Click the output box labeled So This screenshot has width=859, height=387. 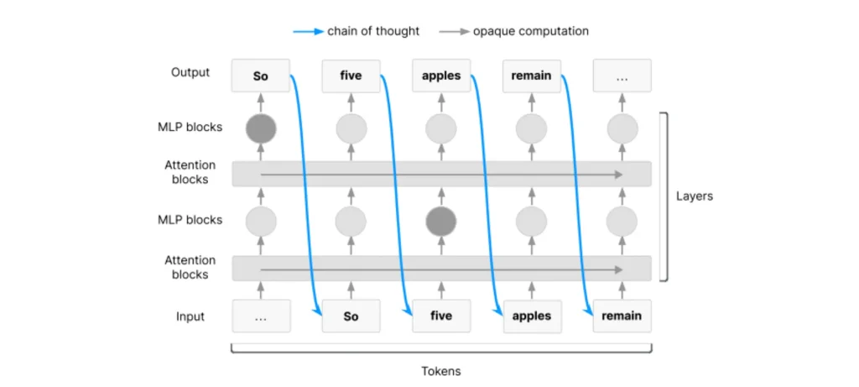[x=261, y=76]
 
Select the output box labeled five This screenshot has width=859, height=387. [x=351, y=76]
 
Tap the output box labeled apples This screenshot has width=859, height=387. [x=441, y=76]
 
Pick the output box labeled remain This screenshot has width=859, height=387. [x=532, y=76]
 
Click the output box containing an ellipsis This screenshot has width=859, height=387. [x=622, y=76]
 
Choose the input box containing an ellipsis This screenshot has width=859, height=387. [x=261, y=316]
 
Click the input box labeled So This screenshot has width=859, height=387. [x=351, y=316]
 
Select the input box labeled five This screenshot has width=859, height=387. [x=441, y=316]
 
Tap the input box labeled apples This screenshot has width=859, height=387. [x=532, y=316]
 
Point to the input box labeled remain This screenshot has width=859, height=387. [x=622, y=316]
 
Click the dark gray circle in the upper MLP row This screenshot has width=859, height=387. [x=261, y=128]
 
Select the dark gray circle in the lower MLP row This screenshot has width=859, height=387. [x=441, y=222]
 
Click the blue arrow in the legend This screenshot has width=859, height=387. [x=309, y=32]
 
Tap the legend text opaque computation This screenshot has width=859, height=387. [x=531, y=31]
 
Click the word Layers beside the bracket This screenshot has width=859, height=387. [x=694, y=196]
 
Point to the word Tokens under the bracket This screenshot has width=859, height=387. [x=441, y=371]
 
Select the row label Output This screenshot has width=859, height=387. [x=190, y=72]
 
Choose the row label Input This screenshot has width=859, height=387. [x=190, y=316]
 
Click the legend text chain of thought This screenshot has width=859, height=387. [x=373, y=31]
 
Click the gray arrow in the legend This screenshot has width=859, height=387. [x=454, y=32]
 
